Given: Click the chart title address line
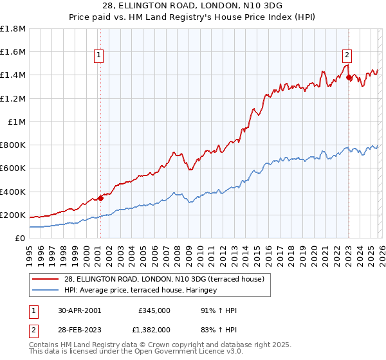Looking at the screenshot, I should pyautogui.click(x=193, y=6).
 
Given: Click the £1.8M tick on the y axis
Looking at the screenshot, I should pyautogui.click(x=13, y=28).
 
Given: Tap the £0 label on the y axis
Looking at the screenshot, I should pyautogui.click(x=21, y=238).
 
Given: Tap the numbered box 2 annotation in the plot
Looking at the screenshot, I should pyautogui.click(x=347, y=55).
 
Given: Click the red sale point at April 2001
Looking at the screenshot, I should pyautogui.click(x=100, y=198).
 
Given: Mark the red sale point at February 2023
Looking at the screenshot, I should pyautogui.click(x=349, y=77).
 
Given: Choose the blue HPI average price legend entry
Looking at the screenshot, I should pyautogui.click(x=140, y=290).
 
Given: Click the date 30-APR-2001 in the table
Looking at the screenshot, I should pyautogui.click(x=79, y=310).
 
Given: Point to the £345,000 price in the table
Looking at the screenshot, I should pyautogui.click(x=154, y=310).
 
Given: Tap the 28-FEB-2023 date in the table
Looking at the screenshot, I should pyautogui.click(x=79, y=329).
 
